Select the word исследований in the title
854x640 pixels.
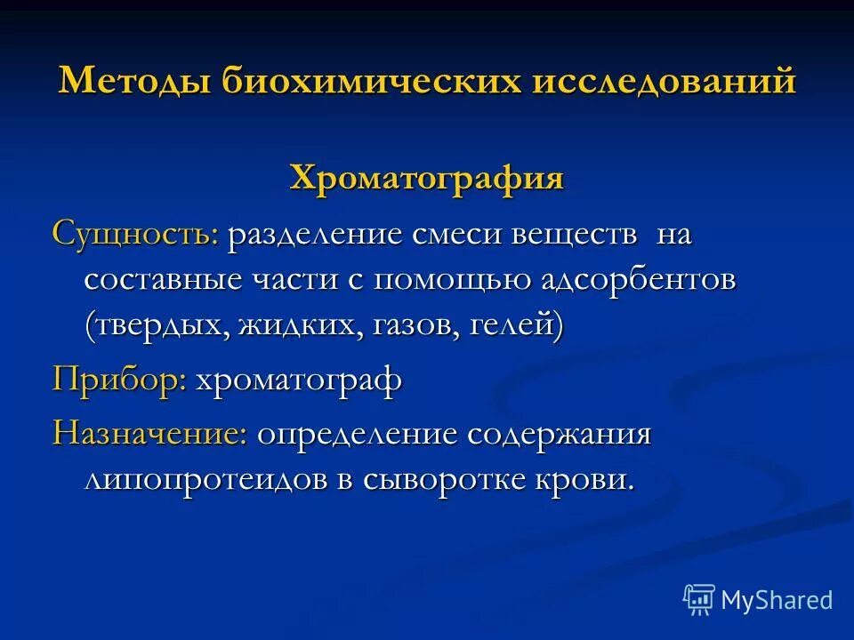[665, 82]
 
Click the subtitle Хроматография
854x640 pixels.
[427, 177]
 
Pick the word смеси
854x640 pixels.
[455, 236]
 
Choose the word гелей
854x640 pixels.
[516, 324]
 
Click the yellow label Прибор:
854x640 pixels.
[119, 380]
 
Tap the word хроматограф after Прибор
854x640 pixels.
[299, 380]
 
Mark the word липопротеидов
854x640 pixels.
[207, 479]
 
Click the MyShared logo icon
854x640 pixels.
[699, 600]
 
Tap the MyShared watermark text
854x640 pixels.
[777, 600]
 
